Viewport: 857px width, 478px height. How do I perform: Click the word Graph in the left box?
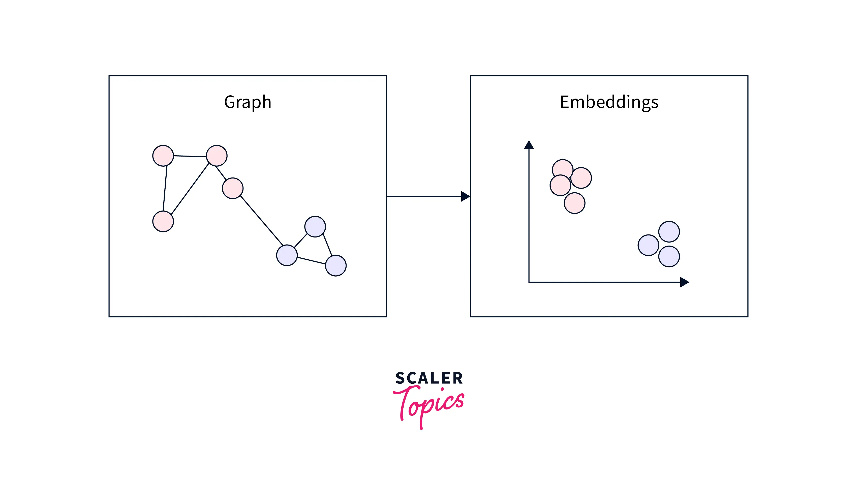pos(248,102)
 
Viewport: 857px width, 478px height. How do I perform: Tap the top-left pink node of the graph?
pos(163,156)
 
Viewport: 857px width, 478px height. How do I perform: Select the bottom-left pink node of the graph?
pos(163,221)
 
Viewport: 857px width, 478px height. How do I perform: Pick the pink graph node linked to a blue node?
pos(233,188)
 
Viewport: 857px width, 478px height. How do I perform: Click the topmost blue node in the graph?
pos(315,227)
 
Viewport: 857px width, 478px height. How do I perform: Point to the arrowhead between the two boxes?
pos(465,196)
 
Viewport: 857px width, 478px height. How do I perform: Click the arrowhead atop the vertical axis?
pos(529,145)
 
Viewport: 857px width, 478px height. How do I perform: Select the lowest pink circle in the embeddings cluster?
pos(574,203)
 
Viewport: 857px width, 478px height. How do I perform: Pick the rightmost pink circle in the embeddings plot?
pos(581,178)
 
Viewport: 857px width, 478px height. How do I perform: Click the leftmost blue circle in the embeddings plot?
pos(648,245)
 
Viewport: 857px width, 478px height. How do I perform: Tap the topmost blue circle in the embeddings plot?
pos(669,232)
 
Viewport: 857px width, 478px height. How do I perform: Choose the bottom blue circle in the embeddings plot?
pos(669,257)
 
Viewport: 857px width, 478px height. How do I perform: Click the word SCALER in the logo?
pos(429,378)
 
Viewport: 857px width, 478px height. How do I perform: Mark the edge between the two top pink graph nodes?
pos(190,156)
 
